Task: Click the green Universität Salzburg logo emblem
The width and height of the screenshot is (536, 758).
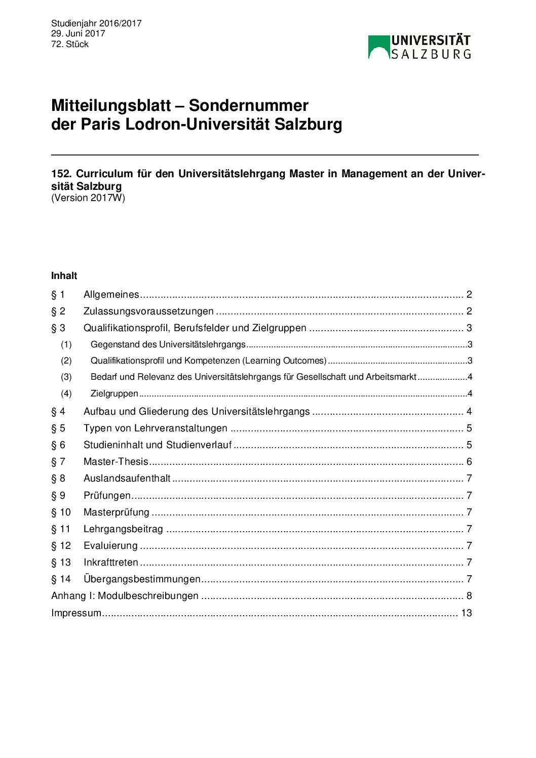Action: click(x=378, y=47)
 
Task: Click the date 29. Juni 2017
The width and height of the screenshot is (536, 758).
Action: click(x=78, y=33)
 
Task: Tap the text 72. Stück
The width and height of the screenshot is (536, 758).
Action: click(x=70, y=44)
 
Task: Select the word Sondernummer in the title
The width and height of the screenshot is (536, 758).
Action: click(x=248, y=105)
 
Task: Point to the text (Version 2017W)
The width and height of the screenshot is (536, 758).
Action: click(x=88, y=198)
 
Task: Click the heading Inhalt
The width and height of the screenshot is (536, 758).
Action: click(x=64, y=276)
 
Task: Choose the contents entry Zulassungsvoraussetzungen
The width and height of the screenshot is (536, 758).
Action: click(x=148, y=311)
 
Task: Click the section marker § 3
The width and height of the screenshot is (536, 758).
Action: click(x=58, y=328)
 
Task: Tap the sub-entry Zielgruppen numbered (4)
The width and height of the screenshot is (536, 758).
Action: click(x=114, y=393)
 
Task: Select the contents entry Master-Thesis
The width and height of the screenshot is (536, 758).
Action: click(x=116, y=461)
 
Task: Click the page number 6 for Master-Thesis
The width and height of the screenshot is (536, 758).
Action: click(x=469, y=461)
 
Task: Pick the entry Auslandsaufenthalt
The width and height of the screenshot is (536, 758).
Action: click(x=127, y=478)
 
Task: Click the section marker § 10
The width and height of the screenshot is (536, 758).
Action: click(x=61, y=512)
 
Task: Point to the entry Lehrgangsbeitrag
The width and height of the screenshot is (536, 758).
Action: click(x=123, y=529)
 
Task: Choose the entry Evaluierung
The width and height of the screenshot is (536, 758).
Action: click(x=110, y=545)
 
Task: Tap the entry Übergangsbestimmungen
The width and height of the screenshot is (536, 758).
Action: click(x=142, y=579)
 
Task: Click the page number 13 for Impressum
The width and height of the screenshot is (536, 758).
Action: click(x=466, y=613)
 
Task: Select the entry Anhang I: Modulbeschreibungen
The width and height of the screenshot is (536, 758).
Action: click(x=125, y=595)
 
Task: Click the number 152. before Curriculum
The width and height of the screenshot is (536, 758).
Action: click(x=61, y=174)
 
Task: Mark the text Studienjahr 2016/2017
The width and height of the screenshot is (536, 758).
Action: click(x=96, y=23)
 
